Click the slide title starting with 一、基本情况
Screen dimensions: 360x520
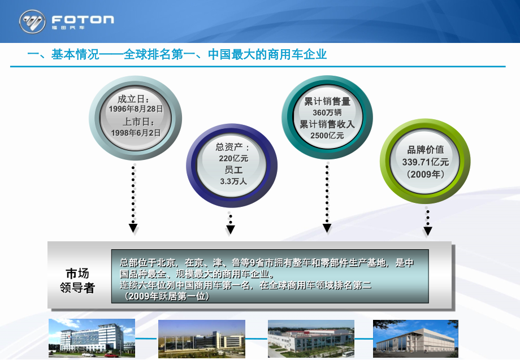(x=177, y=55)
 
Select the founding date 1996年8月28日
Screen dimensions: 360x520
(x=137, y=108)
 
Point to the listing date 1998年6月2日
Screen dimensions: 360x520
(x=136, y=132)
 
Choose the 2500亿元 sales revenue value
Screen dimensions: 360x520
(x=327, y=135)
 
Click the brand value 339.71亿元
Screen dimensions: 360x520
(x=426, y=162)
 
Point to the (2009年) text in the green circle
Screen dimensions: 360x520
(x=426, y=174)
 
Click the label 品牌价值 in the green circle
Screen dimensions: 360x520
(x=426, y=150)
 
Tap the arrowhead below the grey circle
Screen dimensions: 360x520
(x=133, y=228)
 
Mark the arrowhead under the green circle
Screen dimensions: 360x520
(x=428, y=231)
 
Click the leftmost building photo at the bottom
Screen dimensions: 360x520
(x=92, y=338)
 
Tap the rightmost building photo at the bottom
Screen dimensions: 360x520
(x=415, y=339)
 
